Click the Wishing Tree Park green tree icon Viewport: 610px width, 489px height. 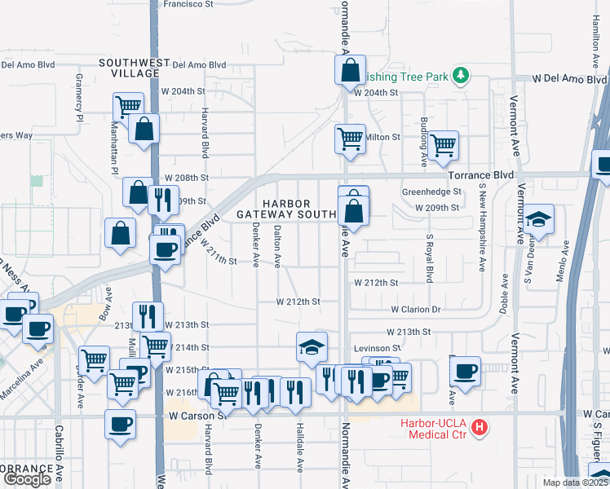coord(462,76)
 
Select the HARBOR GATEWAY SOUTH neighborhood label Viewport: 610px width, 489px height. coord(287,208)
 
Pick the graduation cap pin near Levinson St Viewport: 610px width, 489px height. coord(312,347)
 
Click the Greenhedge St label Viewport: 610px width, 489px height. coord(431,192)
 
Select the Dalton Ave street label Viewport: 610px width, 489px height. coord(278,246)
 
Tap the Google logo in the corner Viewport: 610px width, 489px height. coord(26,479)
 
